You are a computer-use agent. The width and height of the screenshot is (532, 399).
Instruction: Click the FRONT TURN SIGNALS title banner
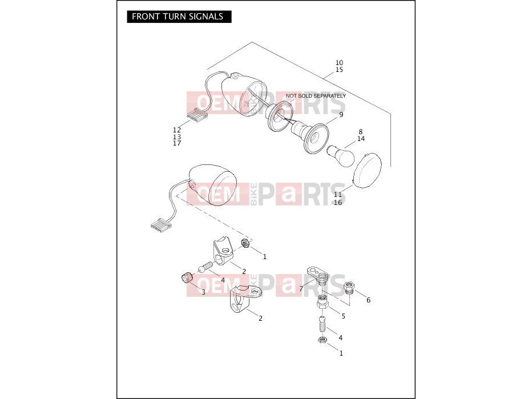click(179, 17)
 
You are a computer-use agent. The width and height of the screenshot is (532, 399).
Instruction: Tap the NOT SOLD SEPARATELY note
click(316, 96)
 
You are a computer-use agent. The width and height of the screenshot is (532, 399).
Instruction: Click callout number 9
click(341, 115)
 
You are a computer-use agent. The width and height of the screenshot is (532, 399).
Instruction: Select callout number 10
click(339, 63)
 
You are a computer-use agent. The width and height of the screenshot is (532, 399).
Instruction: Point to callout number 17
click(177, 143)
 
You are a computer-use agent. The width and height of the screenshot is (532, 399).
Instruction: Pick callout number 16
click(338, 203)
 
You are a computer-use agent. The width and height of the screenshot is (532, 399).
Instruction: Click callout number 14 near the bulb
click(361, 139)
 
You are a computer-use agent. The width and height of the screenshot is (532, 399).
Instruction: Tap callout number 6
click(369, 300)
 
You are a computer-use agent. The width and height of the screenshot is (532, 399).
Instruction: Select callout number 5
click(344, 316)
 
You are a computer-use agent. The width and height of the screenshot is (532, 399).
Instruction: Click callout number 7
click(301, 289)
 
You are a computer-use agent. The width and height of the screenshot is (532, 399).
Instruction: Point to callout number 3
click(203, 292)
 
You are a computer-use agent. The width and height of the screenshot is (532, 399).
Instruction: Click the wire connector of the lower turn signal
click(161, 225)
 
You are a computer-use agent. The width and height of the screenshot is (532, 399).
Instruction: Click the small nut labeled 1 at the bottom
click(322, 340)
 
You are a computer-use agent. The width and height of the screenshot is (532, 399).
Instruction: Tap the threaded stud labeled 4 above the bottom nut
click(323, 324)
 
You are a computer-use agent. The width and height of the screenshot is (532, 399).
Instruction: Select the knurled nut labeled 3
click(187, 277)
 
